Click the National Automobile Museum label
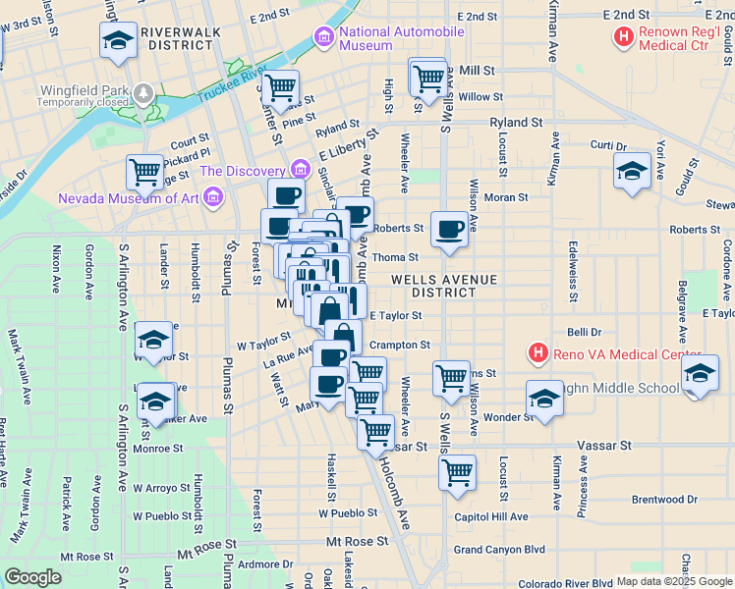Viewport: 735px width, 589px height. pyautogui.click(x=401, y=38)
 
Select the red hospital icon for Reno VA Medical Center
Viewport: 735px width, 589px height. pyautogui.click(x=537, y=352)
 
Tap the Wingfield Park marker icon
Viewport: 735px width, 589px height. pyautogui.click(x=144, y=94)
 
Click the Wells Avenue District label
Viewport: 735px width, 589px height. pyautogui.click(x=444, y=286)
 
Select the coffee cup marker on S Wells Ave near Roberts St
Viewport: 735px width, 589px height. pyautogui.click(x=449, y=229)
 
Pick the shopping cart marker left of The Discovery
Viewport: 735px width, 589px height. pyautogui.click(x=144, y=172)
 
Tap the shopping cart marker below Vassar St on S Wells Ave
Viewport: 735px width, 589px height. pyautogui.click(x=457, y=472)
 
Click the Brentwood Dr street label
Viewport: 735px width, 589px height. pyautogui.click(x=665, y=500)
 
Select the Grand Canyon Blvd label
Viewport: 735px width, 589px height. pyautogui.click(x=499, y=549)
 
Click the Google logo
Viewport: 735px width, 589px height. pyautogui.click(x=32, y=577)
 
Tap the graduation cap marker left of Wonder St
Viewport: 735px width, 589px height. pyautogui.click(x=543, y=399)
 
